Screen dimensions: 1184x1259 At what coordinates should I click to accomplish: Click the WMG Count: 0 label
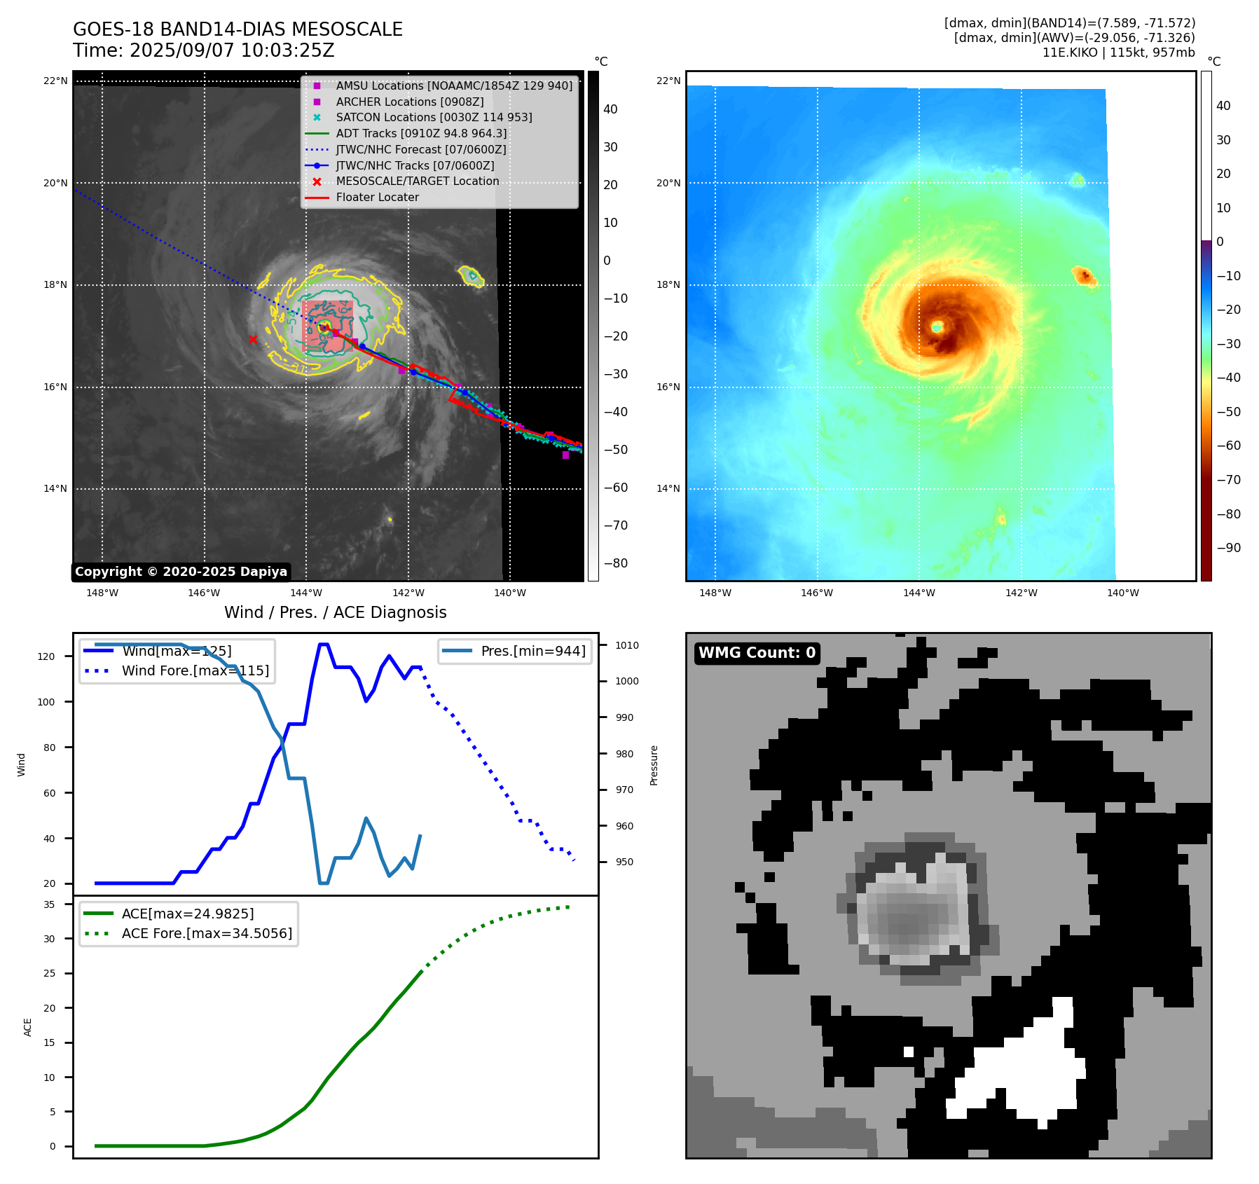[757, 653]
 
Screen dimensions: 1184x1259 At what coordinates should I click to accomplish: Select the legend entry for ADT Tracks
[421, 133]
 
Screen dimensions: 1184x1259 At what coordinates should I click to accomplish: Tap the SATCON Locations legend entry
[434, 117]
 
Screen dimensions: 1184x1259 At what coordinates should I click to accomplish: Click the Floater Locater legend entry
[377, 198]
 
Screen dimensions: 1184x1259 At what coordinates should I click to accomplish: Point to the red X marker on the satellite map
[253, 340]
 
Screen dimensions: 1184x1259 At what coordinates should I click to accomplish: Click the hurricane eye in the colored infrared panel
[937, 327]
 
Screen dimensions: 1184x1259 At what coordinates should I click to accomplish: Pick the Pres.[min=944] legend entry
[532, 651]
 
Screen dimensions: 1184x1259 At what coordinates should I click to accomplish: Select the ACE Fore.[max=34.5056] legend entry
[207, 933]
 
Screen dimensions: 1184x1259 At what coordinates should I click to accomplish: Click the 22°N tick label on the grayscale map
[55, 81]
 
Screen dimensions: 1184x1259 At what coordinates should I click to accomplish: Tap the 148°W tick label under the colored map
[715, 593]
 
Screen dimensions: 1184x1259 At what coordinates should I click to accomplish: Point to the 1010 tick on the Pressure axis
[627, 645]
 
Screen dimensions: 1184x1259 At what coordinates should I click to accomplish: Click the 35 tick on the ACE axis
[49, 904]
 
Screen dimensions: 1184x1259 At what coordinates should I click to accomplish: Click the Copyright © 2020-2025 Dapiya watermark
[181, 572]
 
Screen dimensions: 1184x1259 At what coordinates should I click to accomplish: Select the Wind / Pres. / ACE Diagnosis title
[335, 612]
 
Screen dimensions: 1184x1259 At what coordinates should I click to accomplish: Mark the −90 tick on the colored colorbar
[1228, 548]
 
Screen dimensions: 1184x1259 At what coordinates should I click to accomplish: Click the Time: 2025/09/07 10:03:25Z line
[204, 51]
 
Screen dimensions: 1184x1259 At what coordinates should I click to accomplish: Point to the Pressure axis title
[654, 765]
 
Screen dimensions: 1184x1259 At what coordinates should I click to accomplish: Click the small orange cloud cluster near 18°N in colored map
[1084, 276]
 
